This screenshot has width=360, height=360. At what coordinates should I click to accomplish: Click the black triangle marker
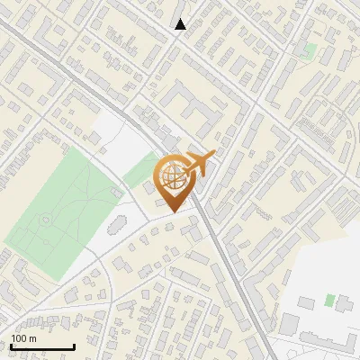pos(181,24)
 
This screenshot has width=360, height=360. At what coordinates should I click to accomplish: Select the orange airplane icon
pos(200,164)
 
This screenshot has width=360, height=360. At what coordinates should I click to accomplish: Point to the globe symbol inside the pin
pos(175,175)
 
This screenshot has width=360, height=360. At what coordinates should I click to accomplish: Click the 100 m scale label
pos(22,338)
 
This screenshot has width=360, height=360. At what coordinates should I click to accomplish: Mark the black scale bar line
pos(41,346)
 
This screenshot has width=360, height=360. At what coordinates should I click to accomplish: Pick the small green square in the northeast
pos(310,49)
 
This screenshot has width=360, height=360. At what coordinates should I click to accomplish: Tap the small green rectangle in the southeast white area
pos(329,300)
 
